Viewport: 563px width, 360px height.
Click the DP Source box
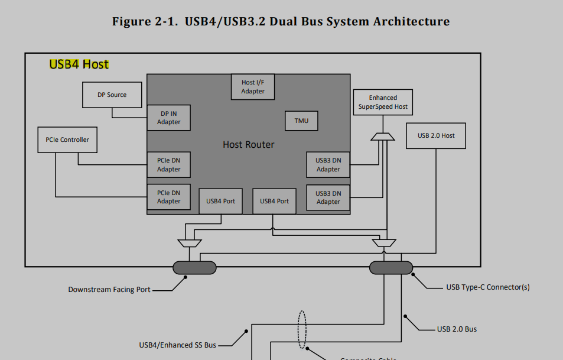(112, 95)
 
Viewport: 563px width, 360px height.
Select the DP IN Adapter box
(168, 118)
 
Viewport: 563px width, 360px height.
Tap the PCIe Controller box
(67, 140)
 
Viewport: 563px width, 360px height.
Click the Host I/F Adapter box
(253, 87)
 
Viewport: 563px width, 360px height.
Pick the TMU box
(301, 121)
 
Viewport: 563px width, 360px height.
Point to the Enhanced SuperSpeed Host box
(383, 102)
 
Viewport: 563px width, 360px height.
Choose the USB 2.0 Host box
(436, 135)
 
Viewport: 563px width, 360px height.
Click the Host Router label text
(248, 144)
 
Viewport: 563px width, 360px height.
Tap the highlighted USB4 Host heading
(79, 64)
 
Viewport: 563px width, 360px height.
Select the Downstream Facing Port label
(109, 290)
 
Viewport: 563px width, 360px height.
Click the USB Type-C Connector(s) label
(487, 287)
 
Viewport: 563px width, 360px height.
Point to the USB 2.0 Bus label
(457, 329)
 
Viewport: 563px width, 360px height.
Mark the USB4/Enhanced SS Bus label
(177, 345)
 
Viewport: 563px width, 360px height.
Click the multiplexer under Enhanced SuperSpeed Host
(383, 137)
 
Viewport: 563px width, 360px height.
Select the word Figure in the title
(130, 22)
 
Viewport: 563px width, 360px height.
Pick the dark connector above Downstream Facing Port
(194, 267)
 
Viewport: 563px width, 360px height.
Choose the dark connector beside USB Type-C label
(391, 267)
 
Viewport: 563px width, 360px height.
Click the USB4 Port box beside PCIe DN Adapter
(220, 201)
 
